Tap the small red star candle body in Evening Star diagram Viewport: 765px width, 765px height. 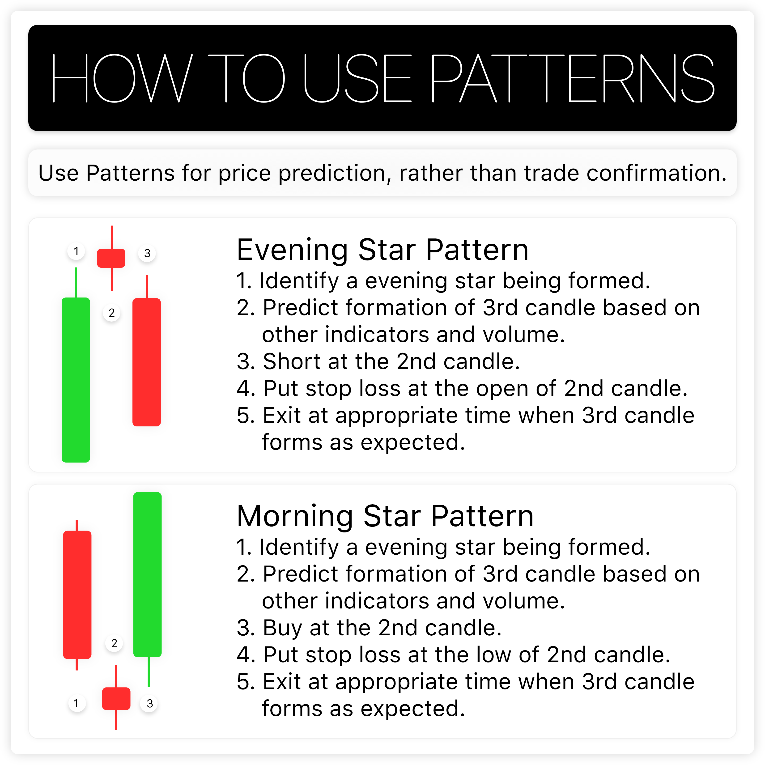tap(111, 258)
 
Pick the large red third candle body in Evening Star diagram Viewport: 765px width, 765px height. tap(146, 362)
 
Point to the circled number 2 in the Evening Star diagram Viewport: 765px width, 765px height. tap(112, 313)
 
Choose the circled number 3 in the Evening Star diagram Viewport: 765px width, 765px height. tap(147, 253)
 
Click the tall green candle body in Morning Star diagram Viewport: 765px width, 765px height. tap(147, 574)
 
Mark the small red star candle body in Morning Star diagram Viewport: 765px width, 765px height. tap(116, 698)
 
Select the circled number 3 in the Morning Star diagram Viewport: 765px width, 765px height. tap(149, 704)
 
